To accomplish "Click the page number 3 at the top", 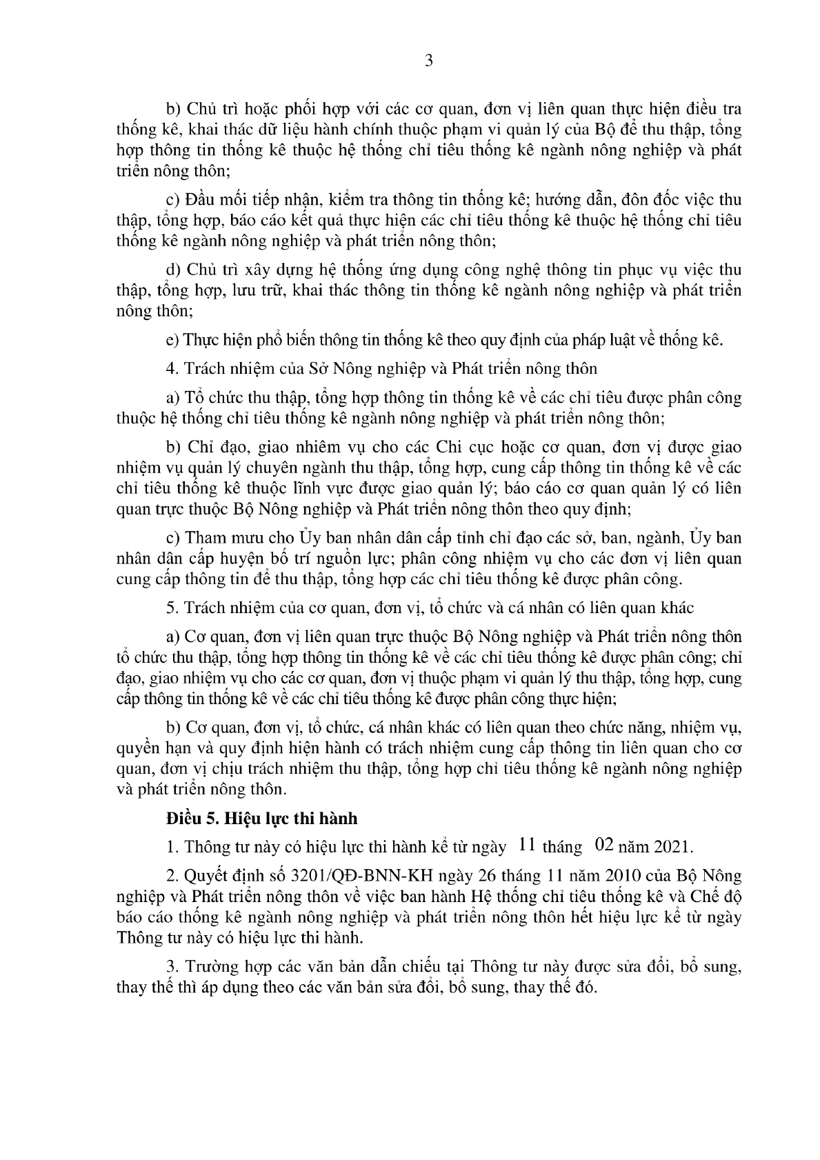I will coord(428,61).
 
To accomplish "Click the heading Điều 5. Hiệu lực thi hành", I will coord(262,819).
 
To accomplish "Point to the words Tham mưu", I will coord(222,538).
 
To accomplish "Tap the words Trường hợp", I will coord(227,967).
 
